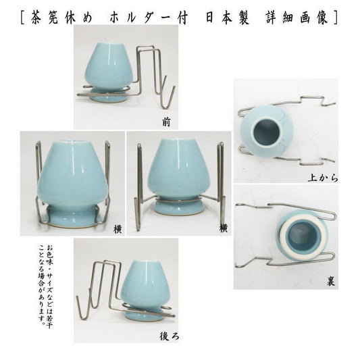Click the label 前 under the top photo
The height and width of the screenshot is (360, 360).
click(166, 122)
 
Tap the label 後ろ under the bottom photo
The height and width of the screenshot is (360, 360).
click(169, 336)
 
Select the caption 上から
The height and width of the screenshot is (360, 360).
click(323, 178)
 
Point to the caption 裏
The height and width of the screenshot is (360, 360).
click(331, 282)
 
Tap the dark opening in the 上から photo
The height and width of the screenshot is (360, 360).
click(266, 132)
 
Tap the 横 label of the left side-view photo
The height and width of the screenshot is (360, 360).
click(118, 229)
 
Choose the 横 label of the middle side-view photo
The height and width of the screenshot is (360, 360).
click(223, 228)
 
